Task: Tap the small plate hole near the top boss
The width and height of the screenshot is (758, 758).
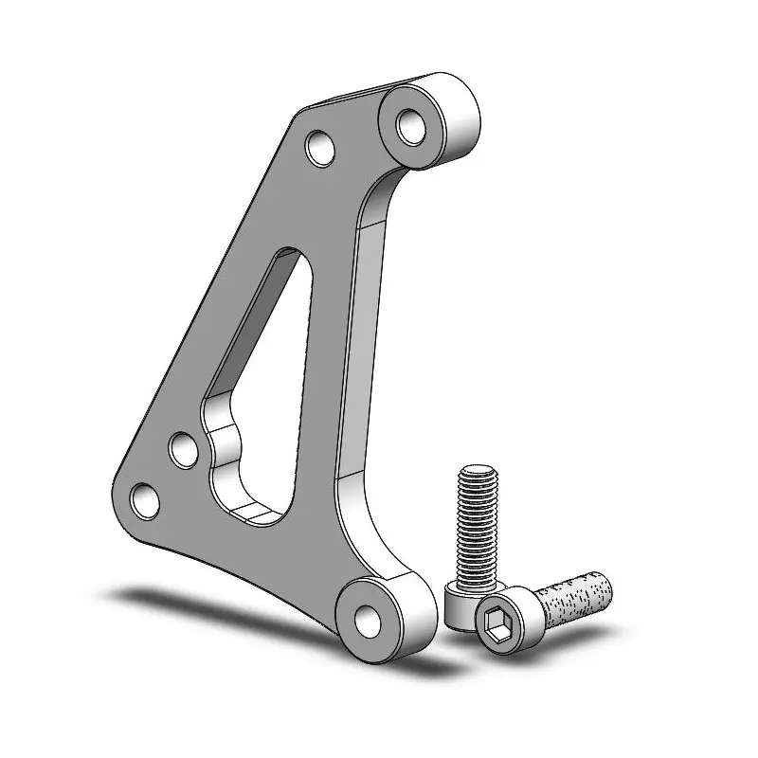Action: pos(320,148)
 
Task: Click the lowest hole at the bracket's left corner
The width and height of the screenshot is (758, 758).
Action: pos(143,498)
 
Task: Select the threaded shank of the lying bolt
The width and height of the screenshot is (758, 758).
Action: pos(574,599)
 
